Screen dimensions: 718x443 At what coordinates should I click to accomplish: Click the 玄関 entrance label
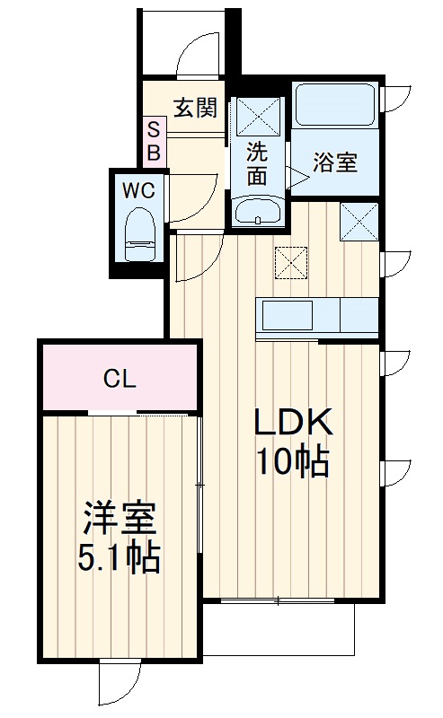click(195, 108)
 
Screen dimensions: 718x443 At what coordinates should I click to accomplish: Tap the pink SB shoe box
click(154, 141)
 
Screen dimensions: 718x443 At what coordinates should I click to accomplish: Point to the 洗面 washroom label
click(258, 163)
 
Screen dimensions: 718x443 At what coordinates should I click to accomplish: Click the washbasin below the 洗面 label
click(259, 213)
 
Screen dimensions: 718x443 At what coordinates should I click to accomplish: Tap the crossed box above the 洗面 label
click(259, 113)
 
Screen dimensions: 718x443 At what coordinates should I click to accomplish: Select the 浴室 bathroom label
click(335, 162)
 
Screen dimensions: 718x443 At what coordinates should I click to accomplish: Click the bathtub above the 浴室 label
click(335, 106)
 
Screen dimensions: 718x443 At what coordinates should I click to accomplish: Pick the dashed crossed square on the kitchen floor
click(292, 261)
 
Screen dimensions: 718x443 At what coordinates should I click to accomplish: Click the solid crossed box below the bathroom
click(359, 221)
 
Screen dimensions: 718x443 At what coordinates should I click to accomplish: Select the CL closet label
click(119, 379)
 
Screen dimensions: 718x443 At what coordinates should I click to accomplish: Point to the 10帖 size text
click(292, 462)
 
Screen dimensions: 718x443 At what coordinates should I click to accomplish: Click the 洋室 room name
click(120, 519)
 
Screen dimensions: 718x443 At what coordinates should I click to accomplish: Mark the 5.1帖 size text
click(120, 559)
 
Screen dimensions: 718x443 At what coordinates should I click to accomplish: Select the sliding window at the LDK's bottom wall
click(279, 600)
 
